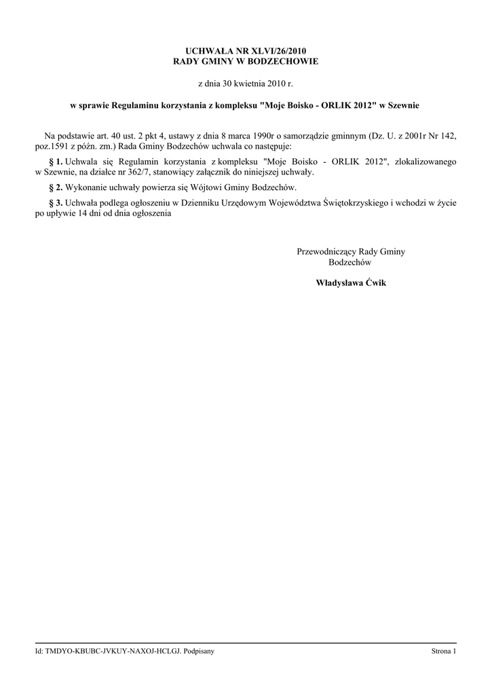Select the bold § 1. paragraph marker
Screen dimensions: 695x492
56,162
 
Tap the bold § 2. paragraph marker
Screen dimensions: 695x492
56,187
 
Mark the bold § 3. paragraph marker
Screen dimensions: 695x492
56,202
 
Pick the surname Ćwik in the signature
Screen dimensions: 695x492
374,282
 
